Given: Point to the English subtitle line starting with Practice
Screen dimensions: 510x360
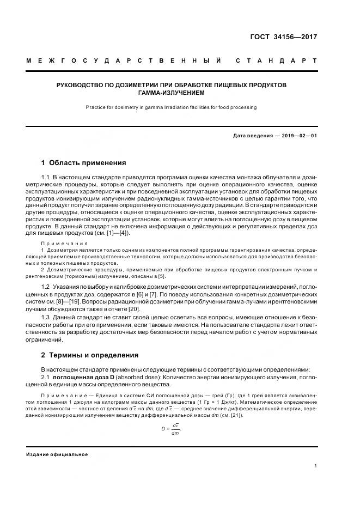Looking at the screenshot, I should click(x=171, y=107).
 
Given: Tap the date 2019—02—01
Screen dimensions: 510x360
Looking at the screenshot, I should click(x=297, y=135).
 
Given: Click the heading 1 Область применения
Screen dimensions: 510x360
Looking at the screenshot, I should click(x=84, y=162).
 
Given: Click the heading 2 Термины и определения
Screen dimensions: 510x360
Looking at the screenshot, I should click(x=90, y=355).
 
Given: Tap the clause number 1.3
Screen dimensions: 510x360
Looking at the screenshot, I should click(x=46, y=325).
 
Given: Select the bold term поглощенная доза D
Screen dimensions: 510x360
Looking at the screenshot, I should click(x=85, y=378).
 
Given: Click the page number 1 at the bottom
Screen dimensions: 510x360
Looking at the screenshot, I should click(x=316, y=465).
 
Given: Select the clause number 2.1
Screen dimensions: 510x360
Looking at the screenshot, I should click(x=46, y=378).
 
